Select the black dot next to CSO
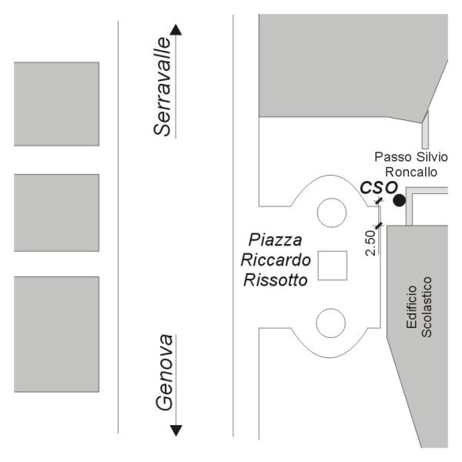pyautogui.click(x=399, y=200)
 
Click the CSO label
pyautogui.click(x=378, y=187)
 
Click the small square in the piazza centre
pyautogui.click(x=333, y=266)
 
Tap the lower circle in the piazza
pyautogui.click(x=333, y=321)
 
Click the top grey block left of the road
pyautogui.click(x=56, y=103)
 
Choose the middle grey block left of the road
pyautogui.click(x=56, y=213)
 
